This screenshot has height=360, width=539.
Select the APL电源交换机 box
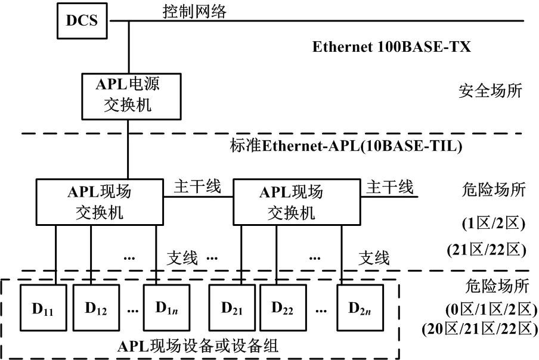click(128, 95)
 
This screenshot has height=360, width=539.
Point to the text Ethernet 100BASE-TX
click(392, 46)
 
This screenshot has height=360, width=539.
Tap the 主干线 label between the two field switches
click(197, 187)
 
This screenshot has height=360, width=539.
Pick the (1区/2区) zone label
click(492, 225)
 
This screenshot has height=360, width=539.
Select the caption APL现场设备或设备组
click(199, 346)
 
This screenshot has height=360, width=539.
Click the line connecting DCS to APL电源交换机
click(128, 47)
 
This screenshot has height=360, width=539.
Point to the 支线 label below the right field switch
click(374, 258)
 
